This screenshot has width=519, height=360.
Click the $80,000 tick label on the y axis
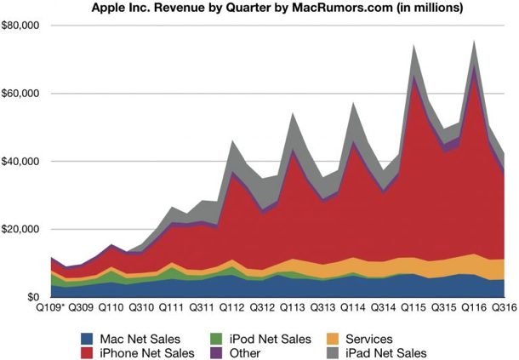[x=23, y=25]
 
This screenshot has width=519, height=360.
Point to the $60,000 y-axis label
[x=23, y=93]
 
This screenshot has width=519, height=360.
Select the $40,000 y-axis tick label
[x=23, y=161]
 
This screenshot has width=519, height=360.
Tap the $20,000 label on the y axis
[x=23, y=229]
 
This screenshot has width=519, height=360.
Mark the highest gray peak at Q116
[x=473, y=41]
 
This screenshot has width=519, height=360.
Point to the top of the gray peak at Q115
[x=414, y=46]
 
